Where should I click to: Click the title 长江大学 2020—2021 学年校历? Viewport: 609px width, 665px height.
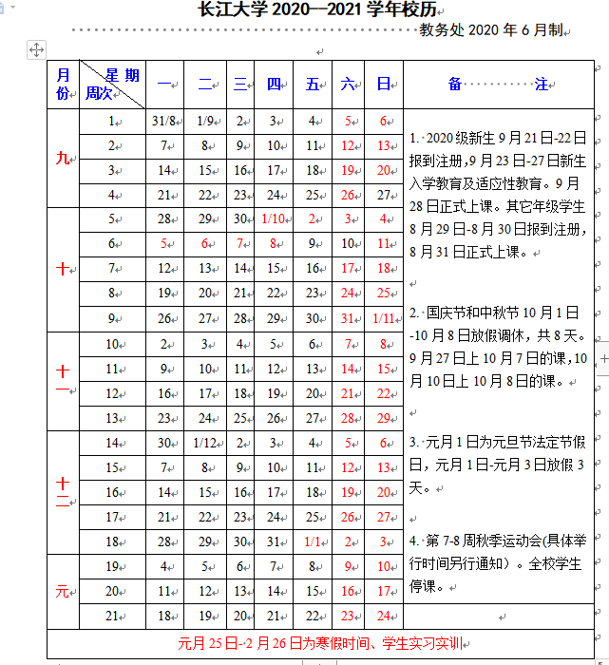(305, 10)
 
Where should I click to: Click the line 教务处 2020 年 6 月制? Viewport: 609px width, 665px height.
(490, 30)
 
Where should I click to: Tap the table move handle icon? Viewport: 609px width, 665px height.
(37, 49)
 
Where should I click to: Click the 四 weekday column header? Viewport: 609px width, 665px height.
(274, 85)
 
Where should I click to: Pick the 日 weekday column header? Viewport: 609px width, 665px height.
(383, 85)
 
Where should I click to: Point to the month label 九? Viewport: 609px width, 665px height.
(63, 159)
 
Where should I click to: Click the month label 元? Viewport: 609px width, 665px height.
(63, 591)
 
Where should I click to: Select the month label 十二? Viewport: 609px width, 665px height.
(63, 492)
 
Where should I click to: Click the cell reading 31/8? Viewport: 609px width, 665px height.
(163, 122)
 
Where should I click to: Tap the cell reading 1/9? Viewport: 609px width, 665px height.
(204, 122)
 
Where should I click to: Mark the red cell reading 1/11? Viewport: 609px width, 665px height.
(385, 318)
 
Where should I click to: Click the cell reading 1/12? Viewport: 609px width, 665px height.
(204, 443)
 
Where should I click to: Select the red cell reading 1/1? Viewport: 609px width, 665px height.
(312, 541)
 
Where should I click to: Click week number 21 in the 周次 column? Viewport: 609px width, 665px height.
(112, 616)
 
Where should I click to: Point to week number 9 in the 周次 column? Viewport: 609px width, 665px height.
(112, 318)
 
